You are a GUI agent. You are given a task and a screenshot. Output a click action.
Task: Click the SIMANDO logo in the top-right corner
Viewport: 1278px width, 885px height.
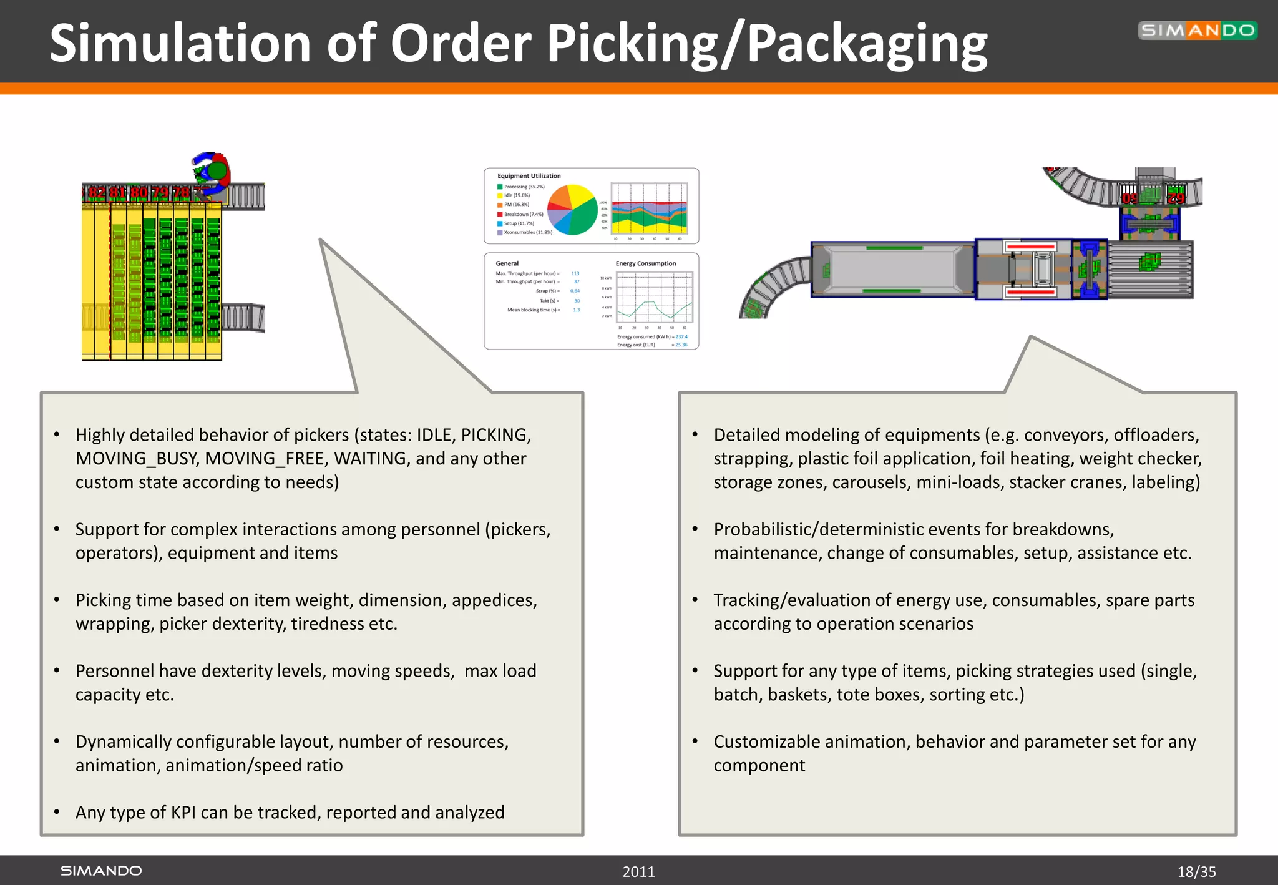pos(1197,30)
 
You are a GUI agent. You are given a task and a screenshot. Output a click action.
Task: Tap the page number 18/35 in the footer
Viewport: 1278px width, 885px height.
pos(1196,871)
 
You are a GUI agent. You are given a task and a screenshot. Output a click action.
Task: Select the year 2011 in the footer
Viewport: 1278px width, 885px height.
pos(638,871)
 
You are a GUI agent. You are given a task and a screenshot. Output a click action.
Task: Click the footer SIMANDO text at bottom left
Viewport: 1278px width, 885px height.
pos(101,871)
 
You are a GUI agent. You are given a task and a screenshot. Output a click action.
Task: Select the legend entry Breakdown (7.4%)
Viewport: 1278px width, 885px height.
pos(523,214)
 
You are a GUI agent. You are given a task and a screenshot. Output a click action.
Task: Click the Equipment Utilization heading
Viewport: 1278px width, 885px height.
pos(529,176)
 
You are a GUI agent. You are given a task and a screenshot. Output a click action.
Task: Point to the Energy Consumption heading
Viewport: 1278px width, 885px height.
pos(645,263)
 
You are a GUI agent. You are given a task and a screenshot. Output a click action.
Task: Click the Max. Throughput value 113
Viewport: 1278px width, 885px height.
pos(575,273)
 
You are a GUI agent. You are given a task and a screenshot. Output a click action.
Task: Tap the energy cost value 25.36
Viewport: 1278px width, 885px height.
pos(681,345)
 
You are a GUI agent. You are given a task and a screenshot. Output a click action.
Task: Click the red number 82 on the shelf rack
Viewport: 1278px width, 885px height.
pos(97,193)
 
